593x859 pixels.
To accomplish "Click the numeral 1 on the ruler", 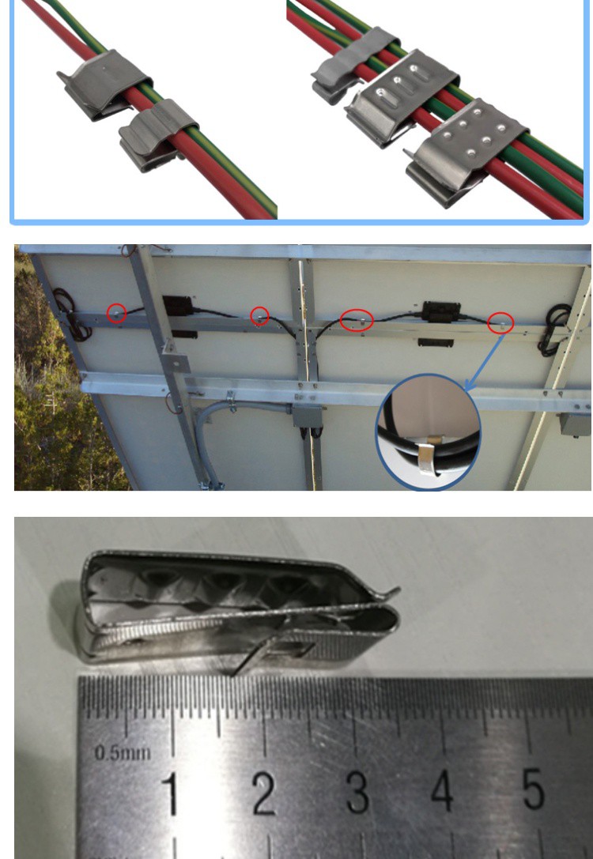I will click(168, 793).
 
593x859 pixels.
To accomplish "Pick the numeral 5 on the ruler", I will click(534, 789).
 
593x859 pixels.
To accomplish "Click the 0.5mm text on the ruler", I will click(123, 752).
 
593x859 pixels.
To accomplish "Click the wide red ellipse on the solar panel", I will click(356, 320).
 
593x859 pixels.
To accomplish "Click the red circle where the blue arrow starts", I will click(500, 322).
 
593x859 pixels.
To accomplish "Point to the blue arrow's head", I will click(468, 388).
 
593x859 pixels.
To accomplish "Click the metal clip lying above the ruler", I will click(237, 612).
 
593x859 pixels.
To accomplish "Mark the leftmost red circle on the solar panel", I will click(116, 312).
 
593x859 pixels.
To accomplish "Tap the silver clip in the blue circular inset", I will click(427, 461).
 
